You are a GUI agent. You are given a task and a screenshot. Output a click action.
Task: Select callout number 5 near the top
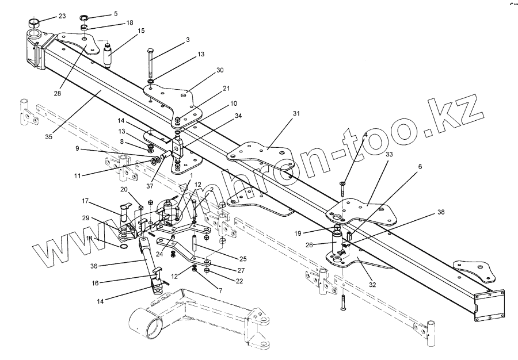(115, 13)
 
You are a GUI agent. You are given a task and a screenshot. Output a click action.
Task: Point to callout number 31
(296, 114)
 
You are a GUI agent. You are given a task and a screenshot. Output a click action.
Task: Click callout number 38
(441, 212)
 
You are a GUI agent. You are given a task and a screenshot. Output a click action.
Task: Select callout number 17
(85, 201)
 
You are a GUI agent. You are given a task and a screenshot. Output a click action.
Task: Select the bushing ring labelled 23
(33, 25)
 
